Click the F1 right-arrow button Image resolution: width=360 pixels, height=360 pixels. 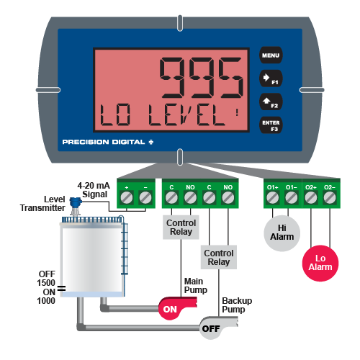pos(271,78)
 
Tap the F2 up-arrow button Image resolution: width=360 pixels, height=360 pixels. pos(271,102)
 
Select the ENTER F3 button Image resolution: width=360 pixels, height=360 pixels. pos(271,125)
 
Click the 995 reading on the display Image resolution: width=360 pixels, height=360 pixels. pos(201,78)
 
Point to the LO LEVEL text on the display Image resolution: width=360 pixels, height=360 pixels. pos(163,115)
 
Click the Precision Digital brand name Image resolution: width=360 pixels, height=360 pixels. pos(108,142)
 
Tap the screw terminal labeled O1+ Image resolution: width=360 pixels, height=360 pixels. pos(272,198)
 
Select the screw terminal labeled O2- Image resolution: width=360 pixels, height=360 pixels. pos(330,198)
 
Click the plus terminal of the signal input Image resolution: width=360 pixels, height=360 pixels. pos(127,198)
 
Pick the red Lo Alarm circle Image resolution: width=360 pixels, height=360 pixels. pos(320,263)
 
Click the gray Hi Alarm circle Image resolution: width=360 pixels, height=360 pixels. pos(282,233)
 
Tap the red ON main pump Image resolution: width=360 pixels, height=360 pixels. pos(178,308)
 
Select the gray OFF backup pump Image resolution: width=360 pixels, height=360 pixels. pos(218,328)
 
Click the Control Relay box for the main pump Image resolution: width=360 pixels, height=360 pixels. pos(181,227)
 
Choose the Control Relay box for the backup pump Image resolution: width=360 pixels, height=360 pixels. pos(219,257)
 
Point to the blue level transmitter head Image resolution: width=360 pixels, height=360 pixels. pos(76,202)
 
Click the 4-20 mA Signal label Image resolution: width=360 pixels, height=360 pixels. pos(94,190)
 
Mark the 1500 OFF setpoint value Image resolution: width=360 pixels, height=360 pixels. pos(46,283)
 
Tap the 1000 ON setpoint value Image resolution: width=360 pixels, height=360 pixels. pos(46,301)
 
